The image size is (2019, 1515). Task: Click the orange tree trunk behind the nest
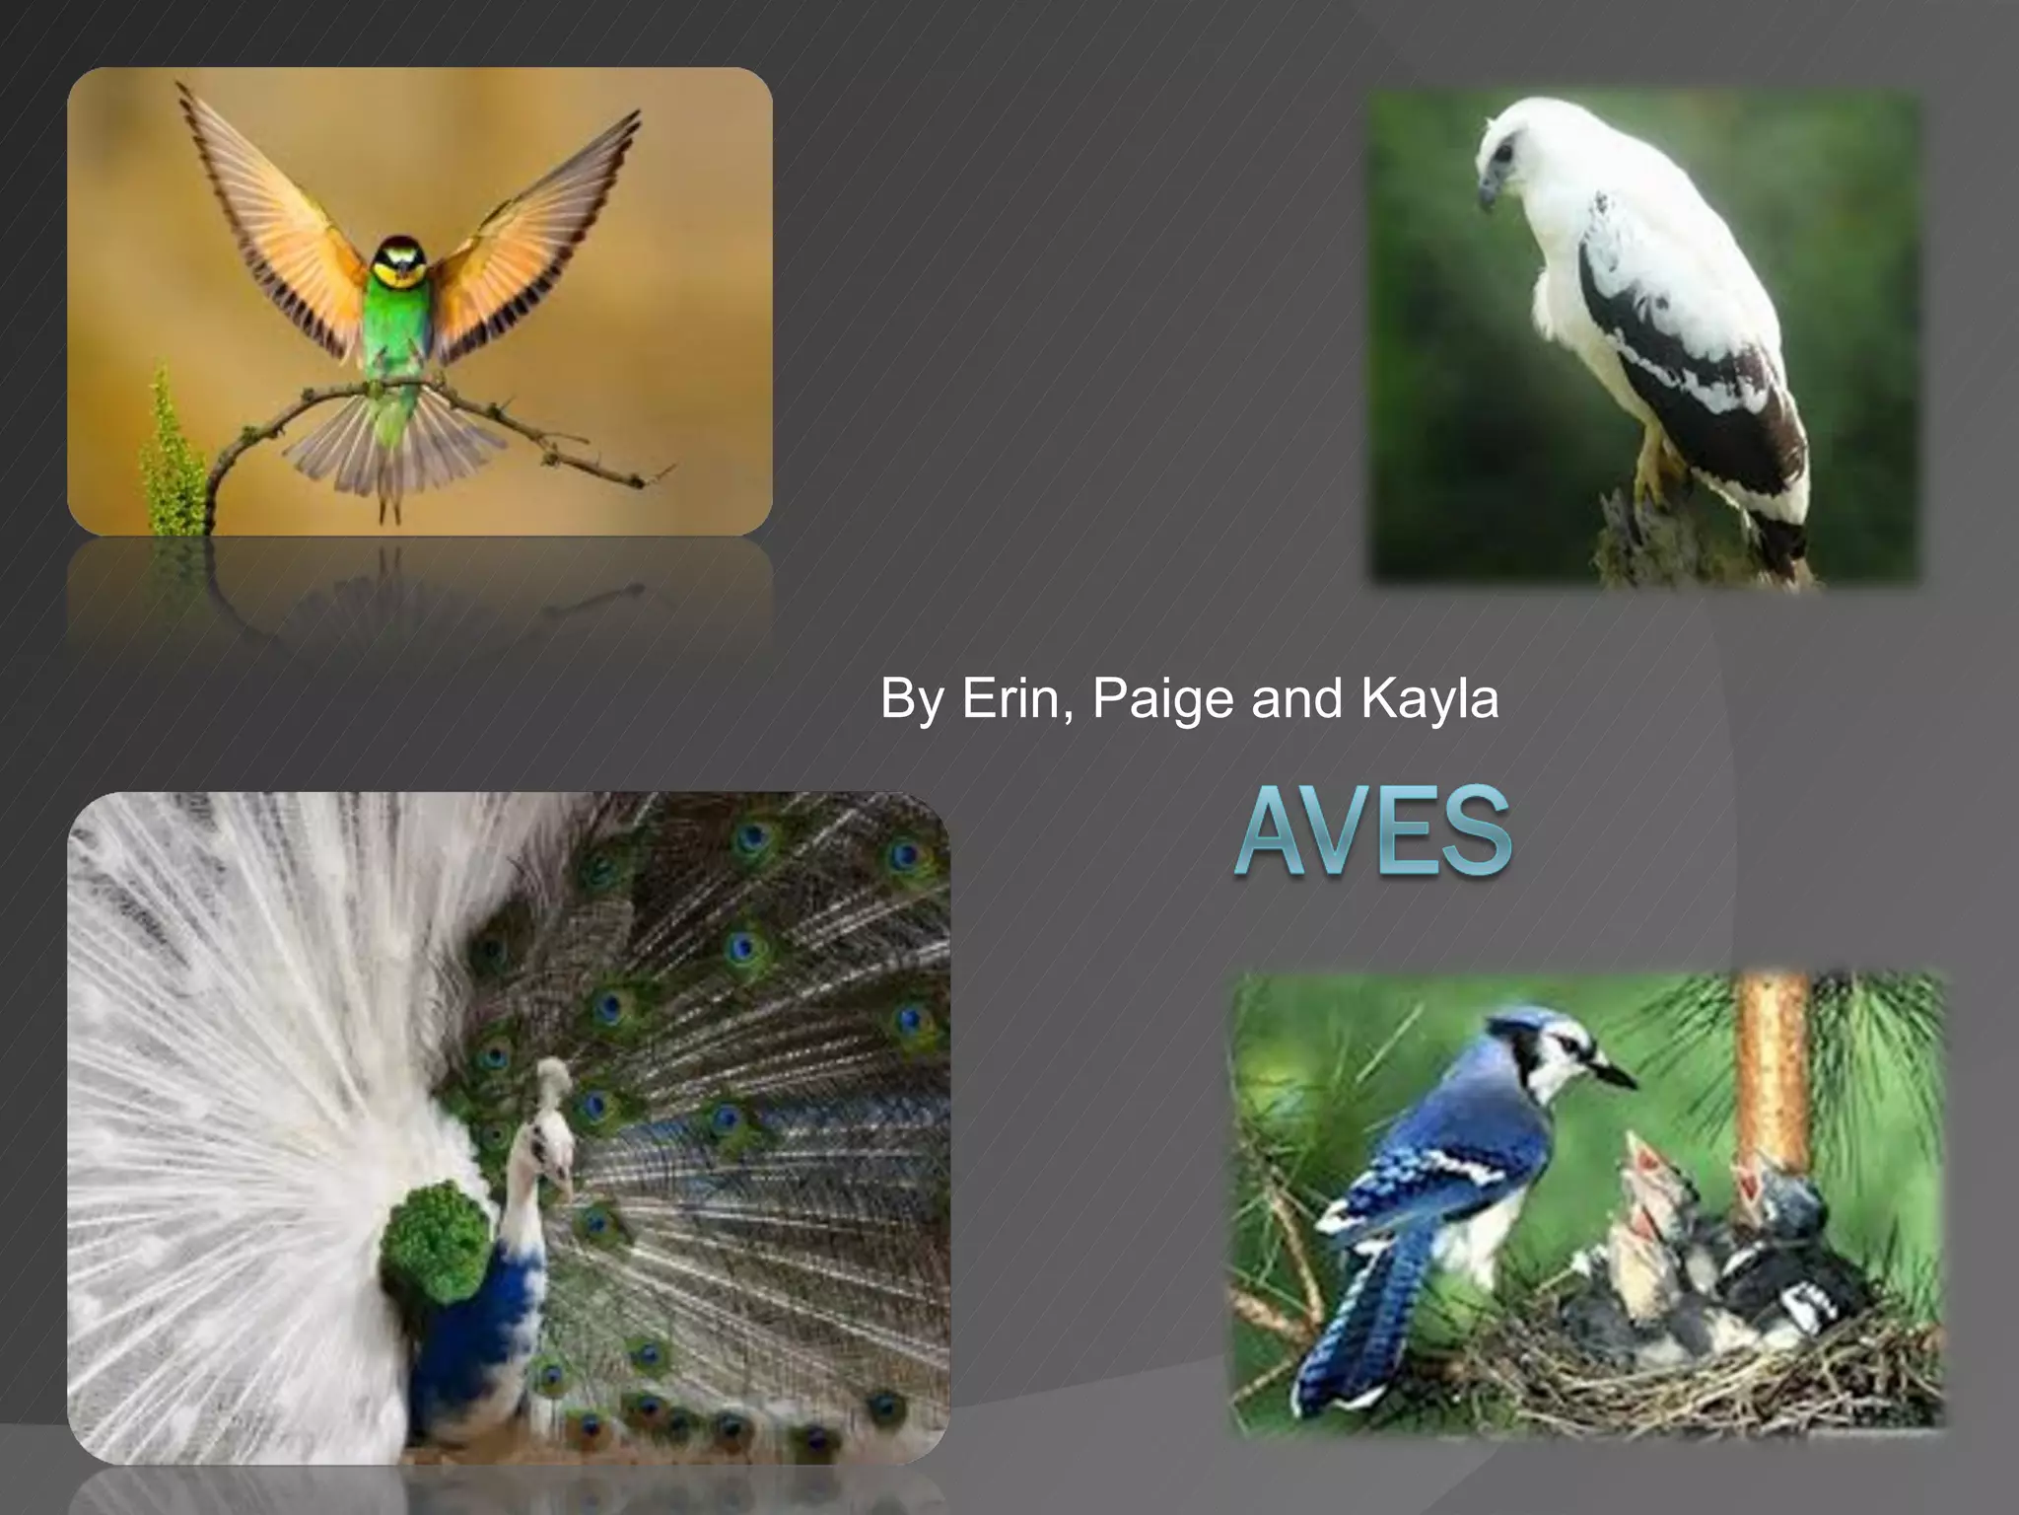pyautogui.click(x=1772, y=1065)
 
